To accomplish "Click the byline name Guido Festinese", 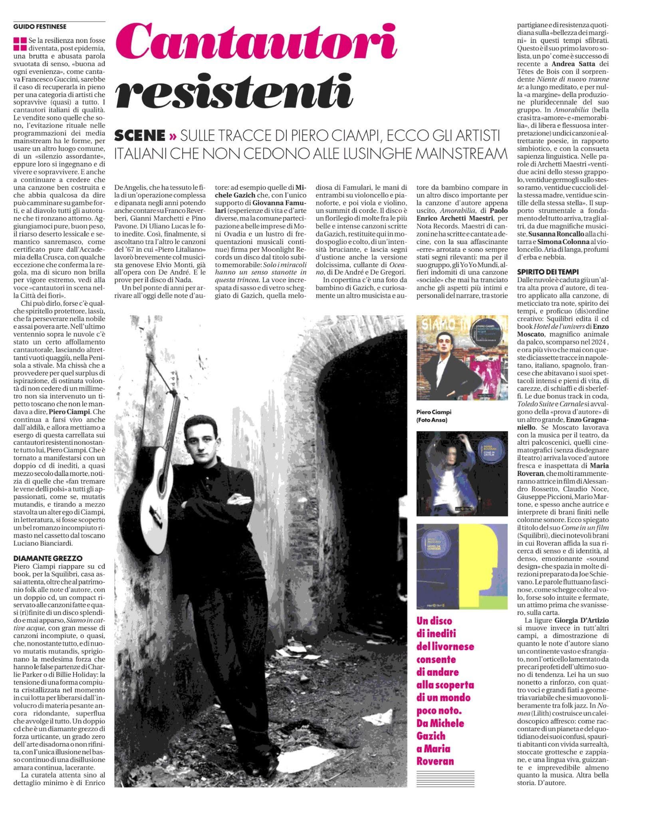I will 40,27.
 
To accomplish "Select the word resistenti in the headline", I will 234,93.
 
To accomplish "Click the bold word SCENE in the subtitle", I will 139,136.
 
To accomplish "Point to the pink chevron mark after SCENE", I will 173,136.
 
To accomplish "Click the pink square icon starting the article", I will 20,44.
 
